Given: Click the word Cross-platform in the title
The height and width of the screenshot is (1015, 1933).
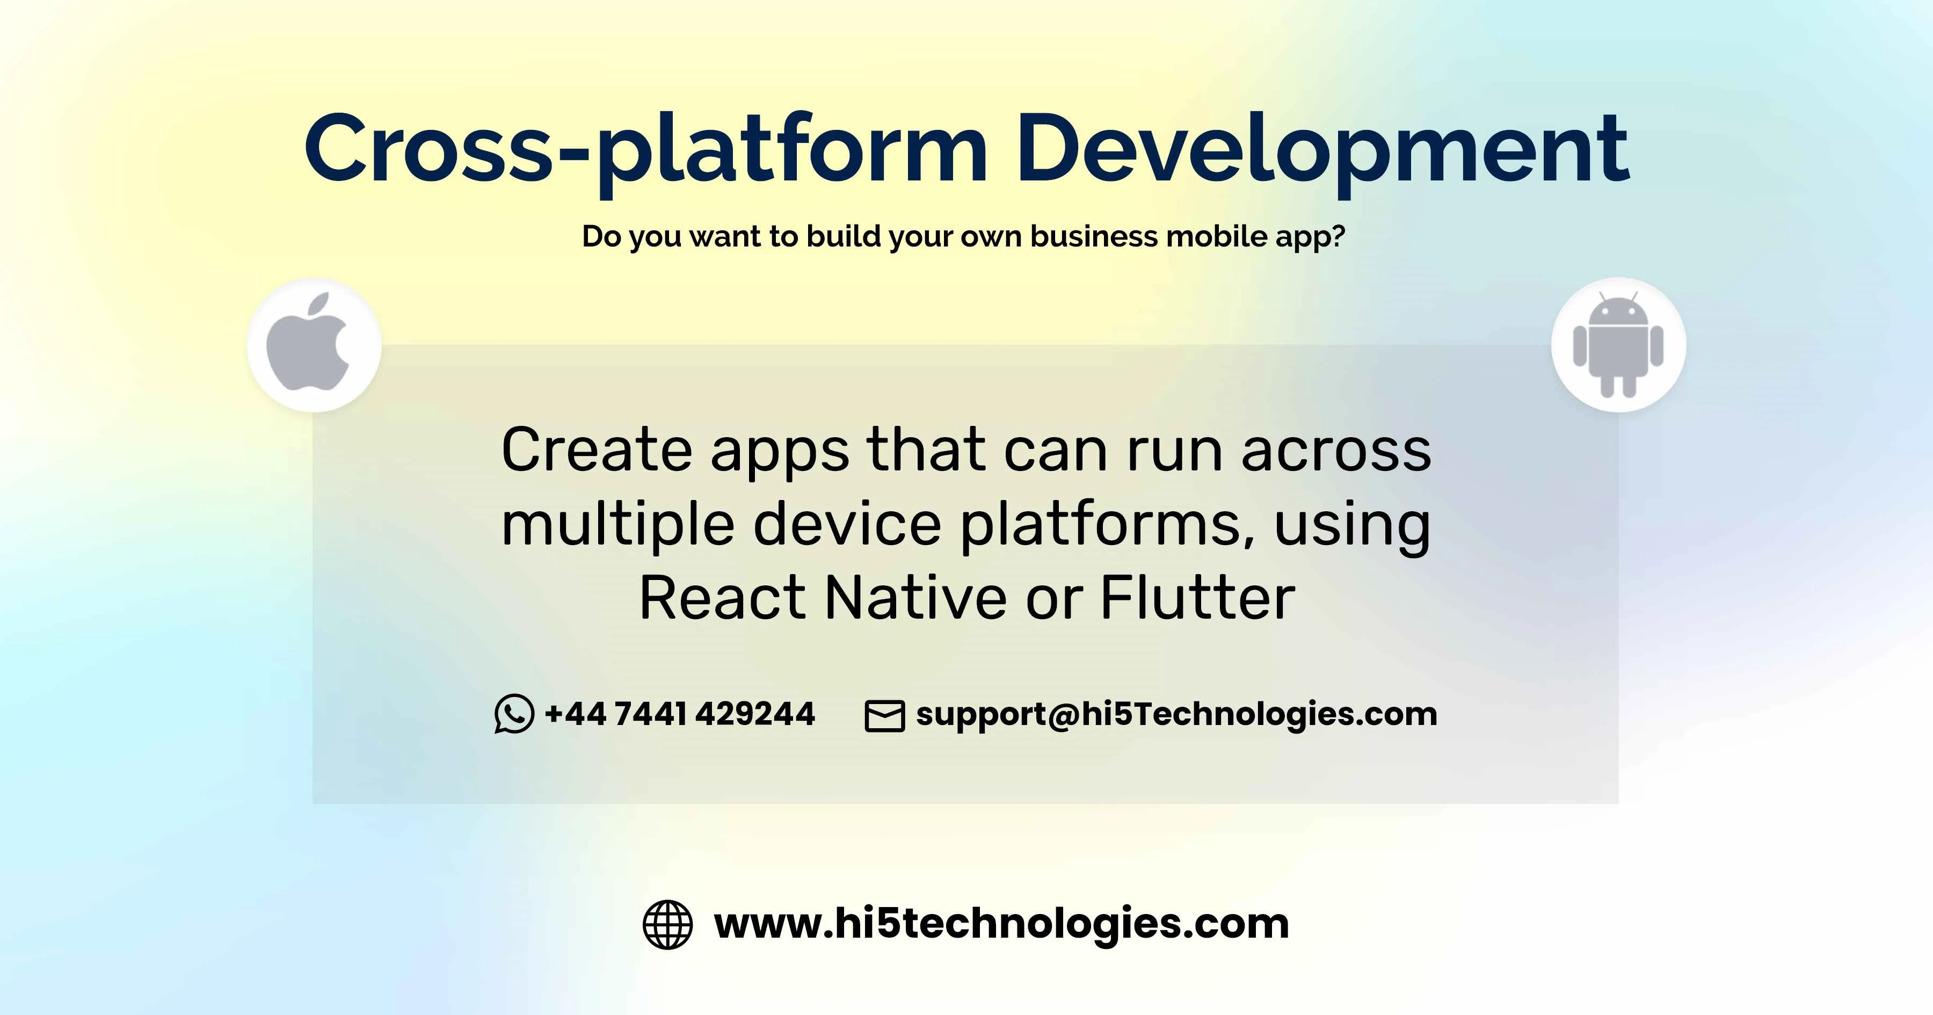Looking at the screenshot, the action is coord(646,150).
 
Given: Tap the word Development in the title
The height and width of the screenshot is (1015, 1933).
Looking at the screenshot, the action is coord(1322,150).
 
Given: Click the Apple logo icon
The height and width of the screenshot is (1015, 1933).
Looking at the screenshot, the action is coord(308,342).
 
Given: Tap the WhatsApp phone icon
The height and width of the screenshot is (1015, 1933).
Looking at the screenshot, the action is coord(514,713).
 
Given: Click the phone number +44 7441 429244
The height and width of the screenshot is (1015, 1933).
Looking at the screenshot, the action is coord(680,713).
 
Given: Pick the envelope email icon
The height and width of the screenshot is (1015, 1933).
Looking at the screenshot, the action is coord(885,715).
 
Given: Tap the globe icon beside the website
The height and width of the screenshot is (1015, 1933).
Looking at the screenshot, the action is coord(668,924).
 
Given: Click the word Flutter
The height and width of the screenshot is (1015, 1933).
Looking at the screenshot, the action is coord(1197,598).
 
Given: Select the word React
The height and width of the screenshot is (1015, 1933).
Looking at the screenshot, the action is coord(723,598).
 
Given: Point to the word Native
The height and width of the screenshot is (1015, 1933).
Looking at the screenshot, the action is coord(916,598).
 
